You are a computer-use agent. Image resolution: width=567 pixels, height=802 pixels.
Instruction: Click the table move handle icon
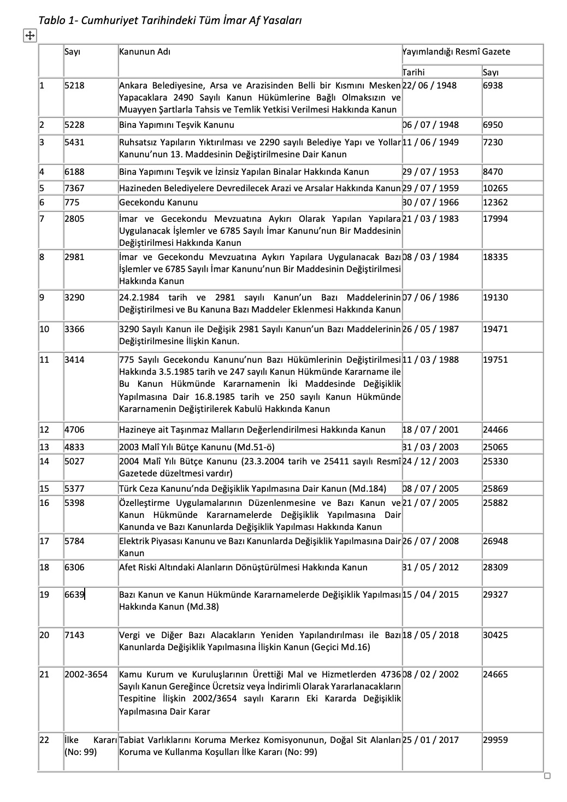[x=29, y=36]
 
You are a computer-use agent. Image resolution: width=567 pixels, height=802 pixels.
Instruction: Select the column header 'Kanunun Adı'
[x=144, y=52]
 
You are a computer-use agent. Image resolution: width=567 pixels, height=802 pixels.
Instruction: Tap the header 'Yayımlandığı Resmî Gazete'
[x=456, y=52]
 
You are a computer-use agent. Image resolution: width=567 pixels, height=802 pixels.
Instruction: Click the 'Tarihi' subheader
[x=414, y=72]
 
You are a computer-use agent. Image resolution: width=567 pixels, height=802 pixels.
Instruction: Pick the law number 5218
[x=74, y=86]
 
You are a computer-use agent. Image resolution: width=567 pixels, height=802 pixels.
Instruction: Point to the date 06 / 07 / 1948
[x=430, y=125]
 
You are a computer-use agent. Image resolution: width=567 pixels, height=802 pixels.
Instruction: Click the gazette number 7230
[x=493, y=143]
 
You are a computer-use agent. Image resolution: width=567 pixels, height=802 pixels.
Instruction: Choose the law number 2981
[x=74, y=257]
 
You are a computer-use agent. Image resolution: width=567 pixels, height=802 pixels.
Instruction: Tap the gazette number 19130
[x=495, y=298]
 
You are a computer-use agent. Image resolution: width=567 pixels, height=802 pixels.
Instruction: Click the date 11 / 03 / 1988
[x=430, y=360]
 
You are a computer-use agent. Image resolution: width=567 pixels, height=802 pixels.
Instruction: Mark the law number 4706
[x=74, y=430]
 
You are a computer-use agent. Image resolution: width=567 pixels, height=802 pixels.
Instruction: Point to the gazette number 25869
[x=495, y=489]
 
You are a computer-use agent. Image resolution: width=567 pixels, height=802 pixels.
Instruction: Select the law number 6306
[x=74, y=568]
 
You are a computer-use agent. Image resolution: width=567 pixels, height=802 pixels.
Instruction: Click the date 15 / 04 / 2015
[x=430, y=595]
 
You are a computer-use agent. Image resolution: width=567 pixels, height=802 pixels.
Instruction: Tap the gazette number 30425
[x=495, y=635]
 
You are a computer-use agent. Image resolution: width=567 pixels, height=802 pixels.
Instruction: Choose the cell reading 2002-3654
[x=86, y=675]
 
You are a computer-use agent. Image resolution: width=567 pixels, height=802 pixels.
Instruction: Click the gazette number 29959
[x=495, y=740]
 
